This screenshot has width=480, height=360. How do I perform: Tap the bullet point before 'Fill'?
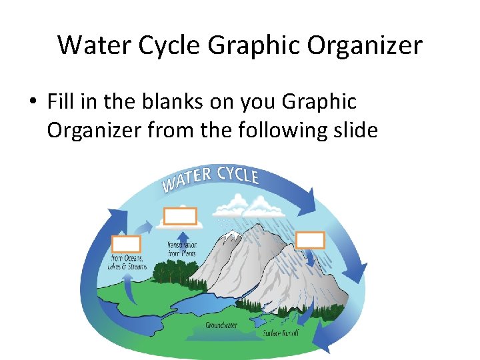(32, 103)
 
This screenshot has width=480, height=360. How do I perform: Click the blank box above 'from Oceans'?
(126, 244)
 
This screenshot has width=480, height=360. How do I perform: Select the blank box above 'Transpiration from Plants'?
(181, 216)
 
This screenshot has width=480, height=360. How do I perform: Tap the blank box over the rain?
(310, 240)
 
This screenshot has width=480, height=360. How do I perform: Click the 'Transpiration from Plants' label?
(181, 249)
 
